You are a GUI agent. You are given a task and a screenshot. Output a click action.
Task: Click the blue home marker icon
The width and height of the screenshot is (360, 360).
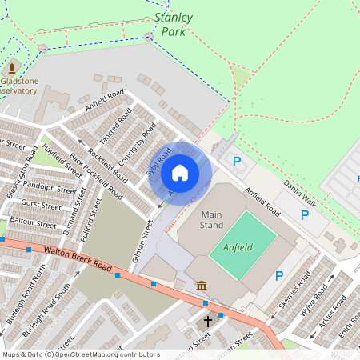[x=180, y=172]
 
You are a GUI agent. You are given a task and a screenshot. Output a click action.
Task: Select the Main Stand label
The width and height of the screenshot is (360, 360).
[x=212, y=220]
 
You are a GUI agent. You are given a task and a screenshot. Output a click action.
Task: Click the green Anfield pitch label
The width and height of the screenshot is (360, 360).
[x=238, y=247]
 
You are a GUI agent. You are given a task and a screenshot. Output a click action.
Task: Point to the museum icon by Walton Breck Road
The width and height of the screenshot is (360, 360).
[x=202, y=286]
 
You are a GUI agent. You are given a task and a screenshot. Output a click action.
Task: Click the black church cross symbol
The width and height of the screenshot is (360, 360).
[x=208, y=322]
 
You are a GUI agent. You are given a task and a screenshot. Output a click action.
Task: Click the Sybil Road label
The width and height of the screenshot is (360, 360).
[x=159, y=162]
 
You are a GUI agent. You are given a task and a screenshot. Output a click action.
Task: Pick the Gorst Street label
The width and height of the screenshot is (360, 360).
[x=41, y=206]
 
